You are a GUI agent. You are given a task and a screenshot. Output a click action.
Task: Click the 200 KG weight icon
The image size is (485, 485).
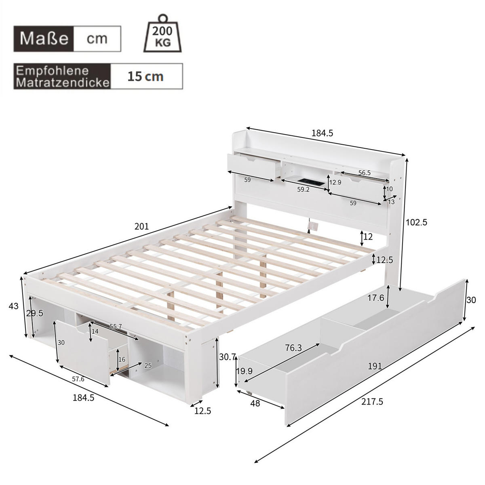tap(163, 34)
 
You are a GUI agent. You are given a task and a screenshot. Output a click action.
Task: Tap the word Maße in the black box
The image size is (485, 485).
tap(44, 38)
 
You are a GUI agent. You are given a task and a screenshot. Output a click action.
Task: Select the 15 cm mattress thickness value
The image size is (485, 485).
tap(145, 76)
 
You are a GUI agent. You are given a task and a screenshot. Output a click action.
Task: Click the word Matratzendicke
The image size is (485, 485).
tap(63, 83)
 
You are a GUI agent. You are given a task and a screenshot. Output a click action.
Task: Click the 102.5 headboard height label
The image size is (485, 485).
tap(416, 222)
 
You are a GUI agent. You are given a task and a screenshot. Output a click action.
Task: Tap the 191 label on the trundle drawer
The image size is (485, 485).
tap(375, 366)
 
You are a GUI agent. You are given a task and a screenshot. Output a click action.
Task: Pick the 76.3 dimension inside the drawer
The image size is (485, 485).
tap(293, 348)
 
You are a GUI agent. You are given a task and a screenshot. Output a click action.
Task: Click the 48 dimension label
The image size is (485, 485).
tap(255, 403)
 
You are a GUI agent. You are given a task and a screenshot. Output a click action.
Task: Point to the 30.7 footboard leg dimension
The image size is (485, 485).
tap(227, 357)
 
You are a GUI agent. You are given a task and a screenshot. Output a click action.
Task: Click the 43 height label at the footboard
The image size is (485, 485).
tap(13, 306)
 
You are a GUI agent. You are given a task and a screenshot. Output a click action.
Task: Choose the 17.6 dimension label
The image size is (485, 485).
tap(376, 298)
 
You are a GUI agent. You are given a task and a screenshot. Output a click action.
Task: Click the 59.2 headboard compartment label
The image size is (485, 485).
tap(303, 189)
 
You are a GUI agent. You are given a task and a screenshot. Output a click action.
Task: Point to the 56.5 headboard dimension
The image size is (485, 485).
tap(364, 173)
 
